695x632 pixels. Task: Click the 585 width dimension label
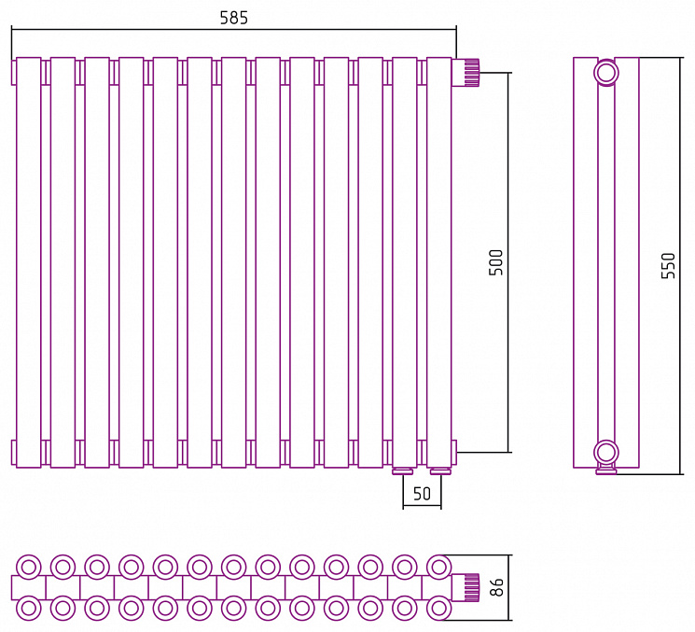(x=233, y=18)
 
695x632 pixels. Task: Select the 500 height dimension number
(x=496, y=262)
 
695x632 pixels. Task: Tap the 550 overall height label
(x=668, y=266)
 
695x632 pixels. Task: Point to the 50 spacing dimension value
(x=422, y=493)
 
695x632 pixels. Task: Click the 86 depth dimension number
(x=497, y=587)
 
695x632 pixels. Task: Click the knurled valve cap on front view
(x=466, y=72)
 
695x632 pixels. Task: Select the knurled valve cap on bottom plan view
(x=466, y=587)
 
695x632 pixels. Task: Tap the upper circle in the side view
(x=605, y=72)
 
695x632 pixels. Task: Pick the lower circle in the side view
(x=605, y=453)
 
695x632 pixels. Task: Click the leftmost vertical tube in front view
(x=28, y=262)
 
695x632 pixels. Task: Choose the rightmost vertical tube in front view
(x=438, y=262)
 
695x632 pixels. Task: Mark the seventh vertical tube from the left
(x=233, y=262)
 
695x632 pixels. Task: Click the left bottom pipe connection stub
(x=403, y=471)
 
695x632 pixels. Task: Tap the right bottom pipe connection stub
(x=440, y=471)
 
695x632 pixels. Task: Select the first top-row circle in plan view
(x=28, y=567)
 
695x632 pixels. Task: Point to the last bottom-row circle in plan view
(x=438, y=608)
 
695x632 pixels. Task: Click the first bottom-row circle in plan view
(x=28, y=608)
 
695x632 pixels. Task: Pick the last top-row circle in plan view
(x=438, y=567)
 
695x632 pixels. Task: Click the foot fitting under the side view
(x=605, y=470)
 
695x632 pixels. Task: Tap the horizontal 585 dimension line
(x=233, y=29)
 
